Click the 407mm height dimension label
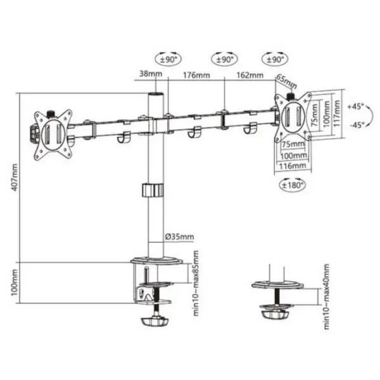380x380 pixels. [15, 177]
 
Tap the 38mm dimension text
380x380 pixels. [151, 73]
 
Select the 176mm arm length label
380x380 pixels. [196, 75]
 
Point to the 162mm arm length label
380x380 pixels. [250, 75]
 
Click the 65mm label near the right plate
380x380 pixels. [287, 82]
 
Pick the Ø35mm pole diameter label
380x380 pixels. [180, 236]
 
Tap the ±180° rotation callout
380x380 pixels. [293, 186]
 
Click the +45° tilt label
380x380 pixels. [355, 106]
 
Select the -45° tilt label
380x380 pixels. [357, 125]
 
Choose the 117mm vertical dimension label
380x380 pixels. [337, 113]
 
